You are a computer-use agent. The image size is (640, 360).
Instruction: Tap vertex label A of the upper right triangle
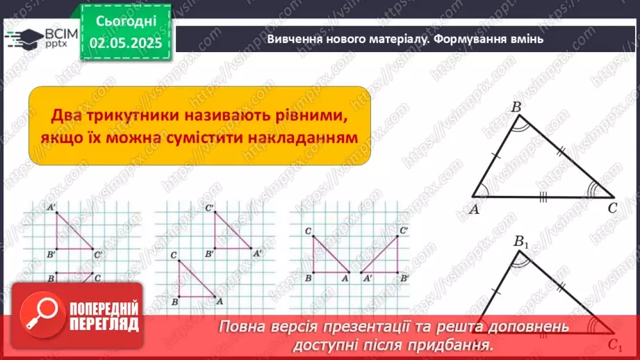pyautogui.click(x=475, y=210)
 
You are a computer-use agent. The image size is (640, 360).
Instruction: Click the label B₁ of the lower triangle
pyautogui.click(x=521, y=243)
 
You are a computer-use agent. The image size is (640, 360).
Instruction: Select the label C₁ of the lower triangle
pyautogui.click(x=614, y=343)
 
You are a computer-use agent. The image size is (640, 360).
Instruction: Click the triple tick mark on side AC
pyautogui.click(x=543, y=197)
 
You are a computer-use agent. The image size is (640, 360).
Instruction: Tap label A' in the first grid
pyautogui.click(x=52, y=207)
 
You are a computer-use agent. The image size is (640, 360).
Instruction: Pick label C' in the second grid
pyautogui.click(x=209, y=208)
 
